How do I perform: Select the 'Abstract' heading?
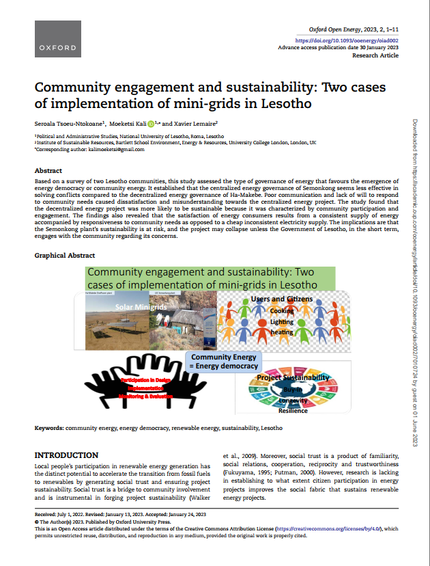[48, 170]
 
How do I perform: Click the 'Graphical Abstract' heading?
[65, 255]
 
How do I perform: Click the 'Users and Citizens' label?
[282, 299]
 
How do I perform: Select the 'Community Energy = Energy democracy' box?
[224, 362]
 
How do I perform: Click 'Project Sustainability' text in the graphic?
[293, 377]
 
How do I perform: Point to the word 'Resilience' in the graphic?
[293, 411]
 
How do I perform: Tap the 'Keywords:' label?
[49, 428]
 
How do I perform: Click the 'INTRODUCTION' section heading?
[66, 455]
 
